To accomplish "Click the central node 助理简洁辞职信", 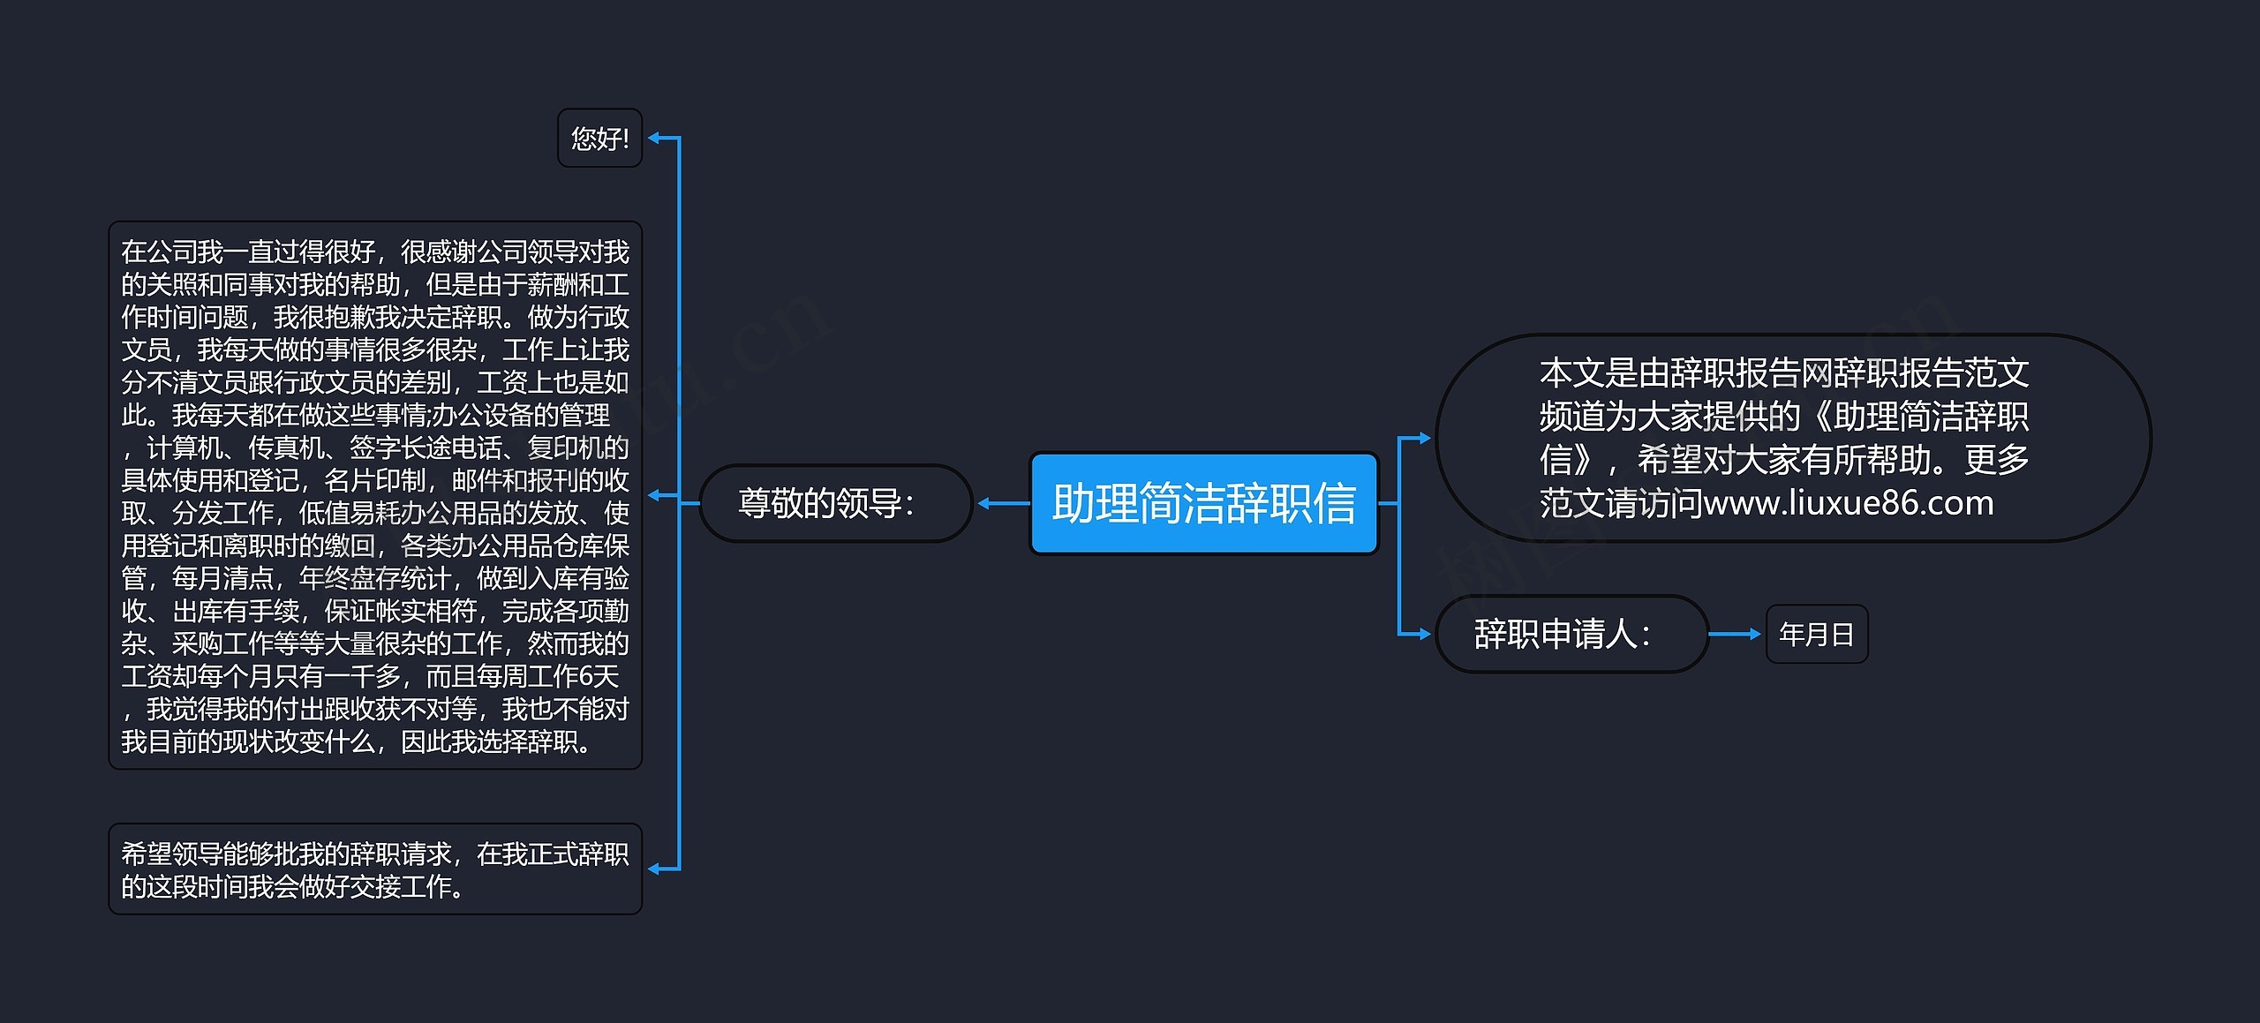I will coord(1203,503).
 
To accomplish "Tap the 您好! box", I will coord(599,138).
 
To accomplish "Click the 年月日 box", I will coord(1816,634).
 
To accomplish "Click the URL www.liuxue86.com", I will coord(1849,503).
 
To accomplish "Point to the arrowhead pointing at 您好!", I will coord(655,138).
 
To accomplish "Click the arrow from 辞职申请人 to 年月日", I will coord(1735,634).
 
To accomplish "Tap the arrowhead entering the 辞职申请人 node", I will coord(1423,634).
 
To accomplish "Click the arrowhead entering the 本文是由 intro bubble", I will coord(1423,438).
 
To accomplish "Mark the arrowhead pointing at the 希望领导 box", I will coord(655,869).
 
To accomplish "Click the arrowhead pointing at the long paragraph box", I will coord(655,495).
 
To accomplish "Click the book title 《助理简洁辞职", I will coord(1916,417).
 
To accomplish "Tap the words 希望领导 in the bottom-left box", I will coord(171,854).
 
